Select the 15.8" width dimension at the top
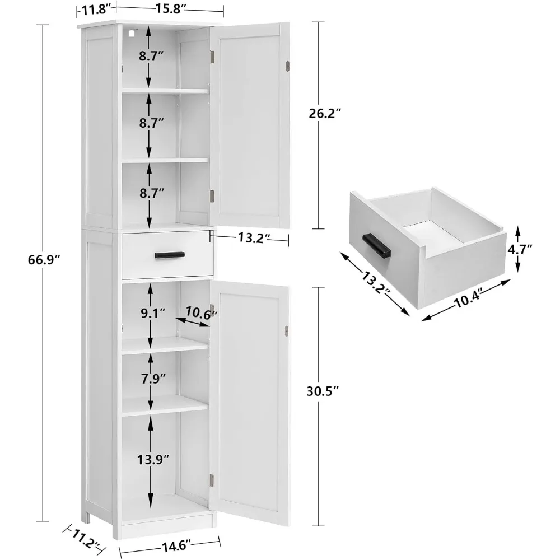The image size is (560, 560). click(171, 8)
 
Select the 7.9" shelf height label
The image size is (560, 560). click(151, 378)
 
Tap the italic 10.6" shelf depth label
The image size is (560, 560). click(200, 315)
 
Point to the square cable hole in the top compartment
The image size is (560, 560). click(132, 33)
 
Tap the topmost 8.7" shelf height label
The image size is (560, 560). click(151, 55)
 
